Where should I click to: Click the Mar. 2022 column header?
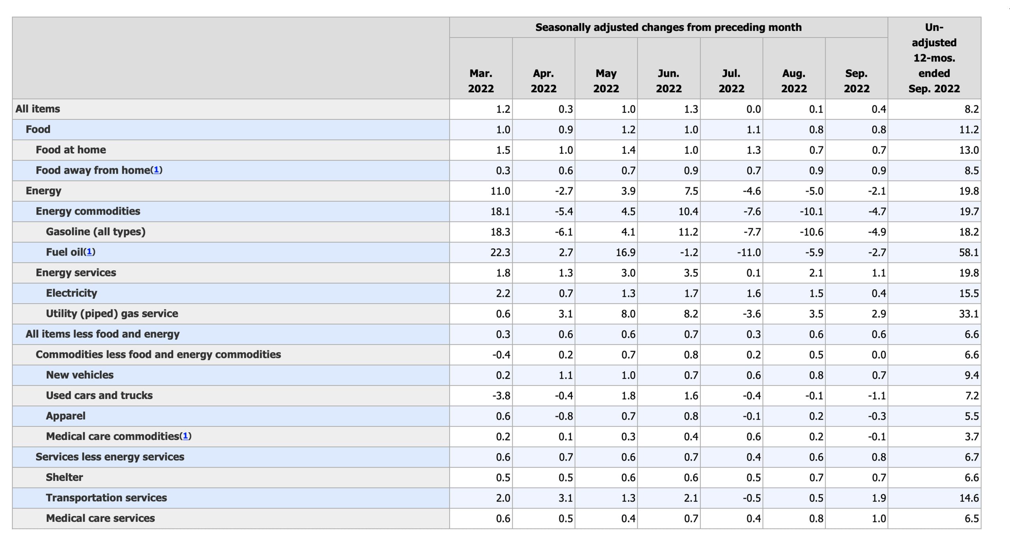[481, 81]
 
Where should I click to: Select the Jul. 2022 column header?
[731, 81]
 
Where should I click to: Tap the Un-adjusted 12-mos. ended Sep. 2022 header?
[934, 58]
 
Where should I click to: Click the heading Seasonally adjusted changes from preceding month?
[668, 27]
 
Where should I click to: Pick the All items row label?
[38, 109]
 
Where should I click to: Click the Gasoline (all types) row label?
[95, 231]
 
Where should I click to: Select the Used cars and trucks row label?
[99, 395]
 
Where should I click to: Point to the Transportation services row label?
[106, 498]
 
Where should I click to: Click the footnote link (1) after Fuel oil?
[90, 252]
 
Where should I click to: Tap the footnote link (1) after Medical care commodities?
[185, 436]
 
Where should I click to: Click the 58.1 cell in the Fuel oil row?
[969, 252]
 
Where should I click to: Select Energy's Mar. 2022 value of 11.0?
[500, 191]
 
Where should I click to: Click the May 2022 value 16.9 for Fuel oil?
[625, 252]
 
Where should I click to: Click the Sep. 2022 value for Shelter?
[879, 478]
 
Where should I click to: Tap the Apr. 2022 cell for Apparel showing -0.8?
[564, 416]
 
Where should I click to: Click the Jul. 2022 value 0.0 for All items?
[753, 109]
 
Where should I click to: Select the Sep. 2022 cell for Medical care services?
[879, 519]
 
